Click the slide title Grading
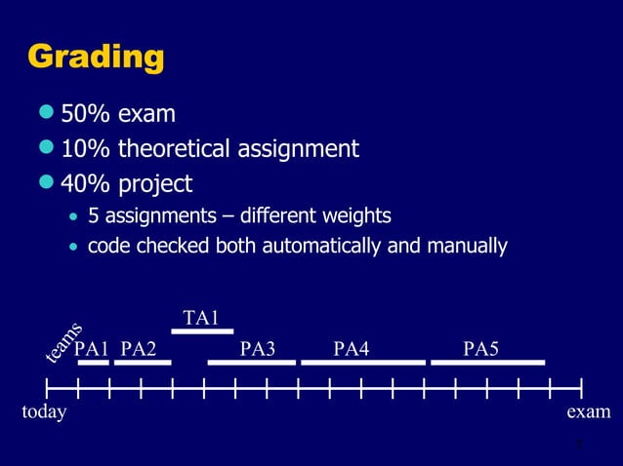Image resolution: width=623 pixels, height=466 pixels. [95, 58]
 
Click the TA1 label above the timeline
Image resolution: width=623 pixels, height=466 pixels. [201, 318]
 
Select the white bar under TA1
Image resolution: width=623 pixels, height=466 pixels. [201, 331]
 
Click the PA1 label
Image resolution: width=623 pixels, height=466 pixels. [92, 349]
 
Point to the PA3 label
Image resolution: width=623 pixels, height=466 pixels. [258, 349]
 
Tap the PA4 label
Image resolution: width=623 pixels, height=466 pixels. [352, 349]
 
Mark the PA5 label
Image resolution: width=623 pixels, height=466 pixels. [481, 349]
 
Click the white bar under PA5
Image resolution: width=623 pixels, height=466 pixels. [487, 363]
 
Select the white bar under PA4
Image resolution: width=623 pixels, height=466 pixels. [363, 363]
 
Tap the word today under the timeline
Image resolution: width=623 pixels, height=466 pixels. [44, 412]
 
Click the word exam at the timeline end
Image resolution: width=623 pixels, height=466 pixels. [589, 412]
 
